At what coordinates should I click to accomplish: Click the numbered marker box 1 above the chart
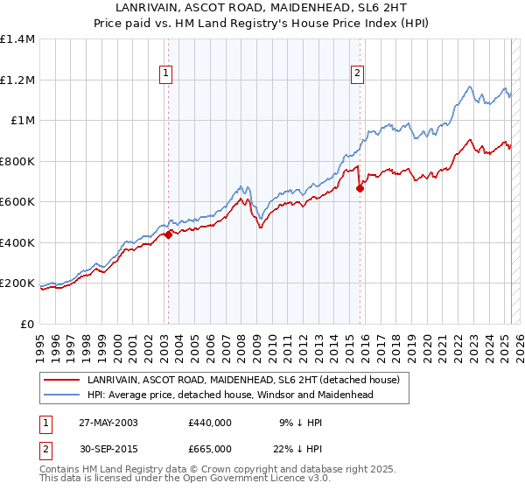pos(166,74)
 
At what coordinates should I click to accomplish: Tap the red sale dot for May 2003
pos(168,234)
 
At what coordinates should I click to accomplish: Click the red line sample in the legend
pos(60,380)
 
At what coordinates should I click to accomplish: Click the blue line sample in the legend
pos(60,395)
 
